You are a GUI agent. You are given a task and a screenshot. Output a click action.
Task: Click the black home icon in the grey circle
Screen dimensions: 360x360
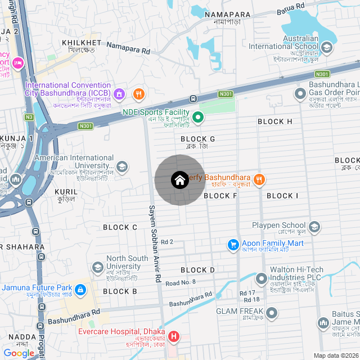coord(179,180)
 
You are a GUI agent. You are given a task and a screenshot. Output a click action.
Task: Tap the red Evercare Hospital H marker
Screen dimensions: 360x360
coord(174,337)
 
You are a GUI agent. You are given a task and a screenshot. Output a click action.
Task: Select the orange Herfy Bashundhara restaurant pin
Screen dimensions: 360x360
coord(259,179)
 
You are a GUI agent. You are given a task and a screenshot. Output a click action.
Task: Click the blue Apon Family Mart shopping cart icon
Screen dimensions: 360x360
coord(233,244)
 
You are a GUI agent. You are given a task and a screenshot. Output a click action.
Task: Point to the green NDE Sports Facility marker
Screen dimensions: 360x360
coord(198,118)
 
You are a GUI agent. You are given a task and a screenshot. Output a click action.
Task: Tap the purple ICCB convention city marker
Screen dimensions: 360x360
coord(118,93)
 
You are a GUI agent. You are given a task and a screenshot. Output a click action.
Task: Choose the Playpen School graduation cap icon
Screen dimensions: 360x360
coord(314,227)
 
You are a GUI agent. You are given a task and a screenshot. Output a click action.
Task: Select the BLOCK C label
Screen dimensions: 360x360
coord(120,227)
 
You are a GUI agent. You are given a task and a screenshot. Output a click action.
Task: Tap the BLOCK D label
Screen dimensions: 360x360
coord(197,270)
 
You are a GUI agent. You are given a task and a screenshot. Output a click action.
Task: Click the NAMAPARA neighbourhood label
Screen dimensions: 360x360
coord(227,14)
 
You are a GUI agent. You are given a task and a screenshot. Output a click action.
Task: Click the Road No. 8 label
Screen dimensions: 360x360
coord(181,282)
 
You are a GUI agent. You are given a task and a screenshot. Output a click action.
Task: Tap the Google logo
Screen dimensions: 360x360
coord(19,353)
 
